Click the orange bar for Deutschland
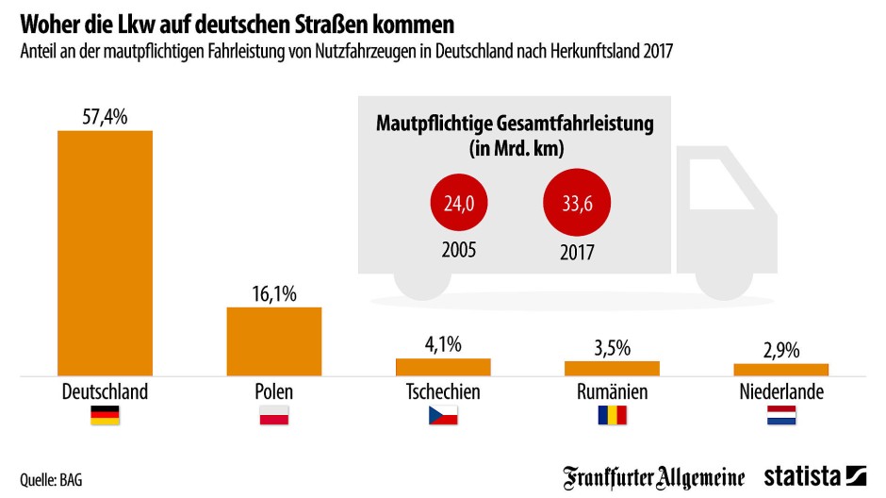click(x=105, y=253)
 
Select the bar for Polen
click(x=274, y=341)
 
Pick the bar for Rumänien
click(x=612, y=368)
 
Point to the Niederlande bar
click(x=780, y=370)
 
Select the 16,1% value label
click(x=274, y=294)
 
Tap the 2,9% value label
click(x=780, y=350)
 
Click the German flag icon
click(x=105, y=415)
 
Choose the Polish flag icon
click(x=274, y=415)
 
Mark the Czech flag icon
click(x=443, y=415)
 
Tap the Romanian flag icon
click(x=612, y=415)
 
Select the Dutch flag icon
click(x=781, y=415)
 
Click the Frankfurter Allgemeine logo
click(x=654, y=476)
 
